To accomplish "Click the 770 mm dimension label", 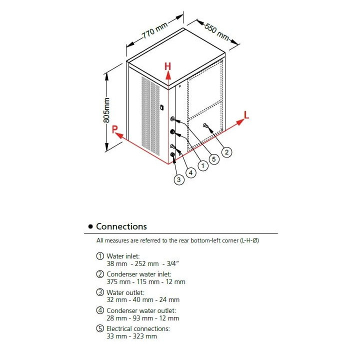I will pos(154,31).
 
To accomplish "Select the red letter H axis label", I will pos(168,66).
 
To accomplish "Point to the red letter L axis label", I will pos(246,115).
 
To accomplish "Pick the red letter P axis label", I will pos(115,129).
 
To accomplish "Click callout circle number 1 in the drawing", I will pos(203,165).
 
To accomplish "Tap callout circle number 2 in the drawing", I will pos(226,152).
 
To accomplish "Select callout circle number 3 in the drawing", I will pos(179,180).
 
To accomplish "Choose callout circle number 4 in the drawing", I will pos(190,172).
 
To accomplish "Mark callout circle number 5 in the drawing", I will pos(214,159).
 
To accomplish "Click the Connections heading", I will pos(121,226).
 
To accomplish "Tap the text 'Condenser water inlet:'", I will pos(138,274).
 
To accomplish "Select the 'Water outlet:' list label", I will pos(125,292).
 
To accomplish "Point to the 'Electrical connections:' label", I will pos(138,328).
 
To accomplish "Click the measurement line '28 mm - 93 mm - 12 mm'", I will pos(142,318).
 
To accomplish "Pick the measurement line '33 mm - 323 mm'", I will pos(131,336).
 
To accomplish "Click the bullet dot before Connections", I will pos(90,227).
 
